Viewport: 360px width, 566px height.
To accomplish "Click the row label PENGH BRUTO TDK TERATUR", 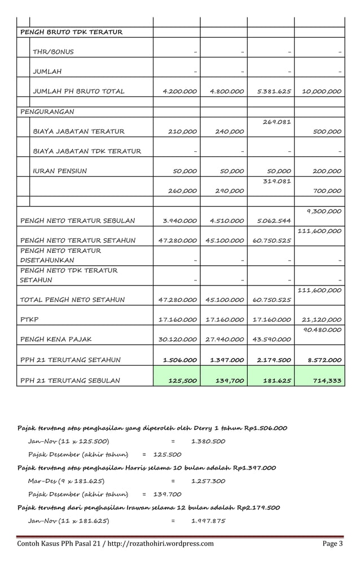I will pyautogui.click(x=71, y=32).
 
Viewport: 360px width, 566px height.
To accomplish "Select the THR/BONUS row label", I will pyautogui.click(x=53, y=52).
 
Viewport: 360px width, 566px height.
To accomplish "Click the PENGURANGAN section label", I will pyautogui.click(x=47, y=112).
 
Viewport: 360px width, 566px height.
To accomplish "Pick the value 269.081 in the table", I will pyautogui.click(x=277, y=121).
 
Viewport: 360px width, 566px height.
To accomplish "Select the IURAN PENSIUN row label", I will pyautogui.click(x=60, y=171).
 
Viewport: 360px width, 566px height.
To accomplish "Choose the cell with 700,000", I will pyautogui.click(x=327, y=191).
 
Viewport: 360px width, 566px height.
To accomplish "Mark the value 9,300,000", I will pyautogui.click(x=324, y=212).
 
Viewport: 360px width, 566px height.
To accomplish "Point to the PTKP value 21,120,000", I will pyautogui.click(x=322, y=319).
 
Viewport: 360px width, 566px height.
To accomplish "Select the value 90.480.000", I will pyautogui.click(x=322, y=330).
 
